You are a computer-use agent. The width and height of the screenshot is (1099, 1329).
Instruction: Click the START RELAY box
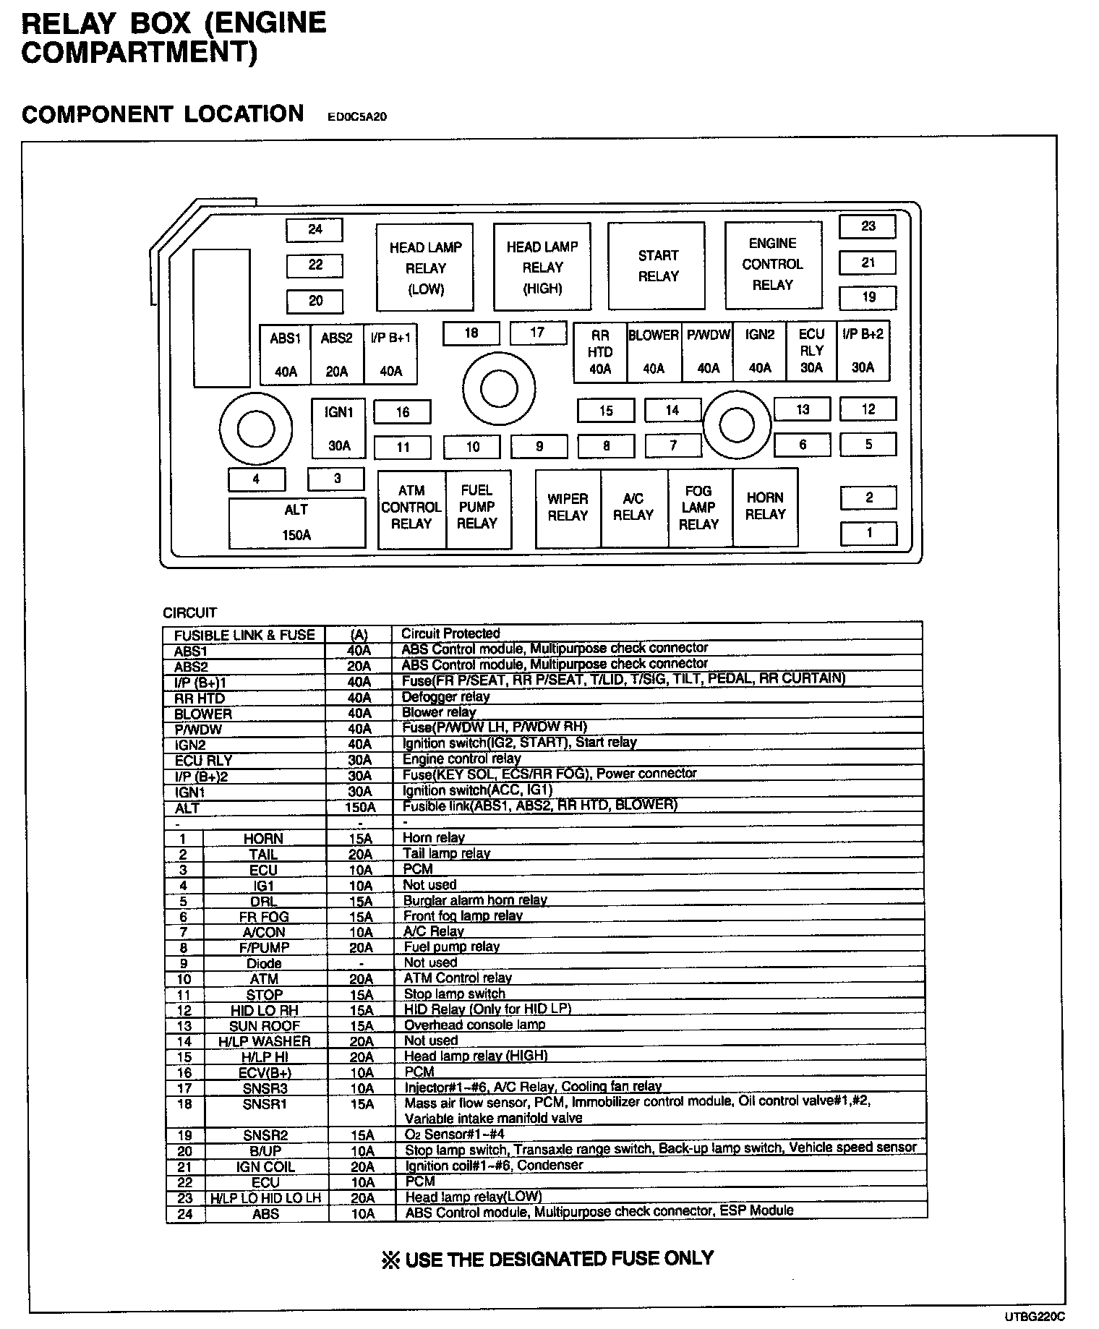(657, 265)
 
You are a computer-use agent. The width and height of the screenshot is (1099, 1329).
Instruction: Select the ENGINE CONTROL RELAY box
(773, 265)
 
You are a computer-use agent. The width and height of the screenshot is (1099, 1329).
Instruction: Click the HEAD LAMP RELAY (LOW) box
(425, 268)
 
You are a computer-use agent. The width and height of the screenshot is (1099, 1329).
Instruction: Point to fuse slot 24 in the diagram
(315, 230)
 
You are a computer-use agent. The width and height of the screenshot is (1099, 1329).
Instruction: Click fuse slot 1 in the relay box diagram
(868, 534)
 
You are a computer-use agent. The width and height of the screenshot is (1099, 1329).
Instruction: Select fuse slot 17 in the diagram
(537, 333)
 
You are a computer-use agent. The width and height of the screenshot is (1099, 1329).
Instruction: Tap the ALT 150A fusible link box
(296, 522)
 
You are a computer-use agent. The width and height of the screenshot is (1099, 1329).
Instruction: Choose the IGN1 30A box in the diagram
(338, 428)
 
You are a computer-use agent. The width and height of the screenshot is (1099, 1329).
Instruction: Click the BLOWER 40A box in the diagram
(654, 351)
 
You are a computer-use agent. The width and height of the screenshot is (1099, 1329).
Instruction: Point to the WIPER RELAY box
(568, 507)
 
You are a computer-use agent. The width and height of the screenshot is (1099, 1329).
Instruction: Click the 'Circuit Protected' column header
(450, 633)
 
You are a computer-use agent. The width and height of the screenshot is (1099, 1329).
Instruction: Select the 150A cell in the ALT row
(359, 807)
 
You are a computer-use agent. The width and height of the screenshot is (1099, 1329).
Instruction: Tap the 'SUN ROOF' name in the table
(264, 1026)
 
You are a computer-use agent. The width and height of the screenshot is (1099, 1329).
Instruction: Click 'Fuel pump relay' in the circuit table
(451, 946)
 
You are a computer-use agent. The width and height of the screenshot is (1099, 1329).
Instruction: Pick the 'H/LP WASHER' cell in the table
(264, 1041)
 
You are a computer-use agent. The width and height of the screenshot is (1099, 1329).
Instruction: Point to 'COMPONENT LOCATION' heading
(163, 114)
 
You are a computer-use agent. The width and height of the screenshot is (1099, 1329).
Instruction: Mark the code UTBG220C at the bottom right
(1034, 1317)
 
